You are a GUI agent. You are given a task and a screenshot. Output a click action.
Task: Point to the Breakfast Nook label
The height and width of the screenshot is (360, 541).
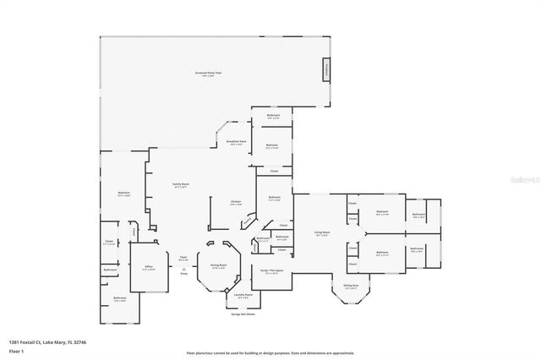[x=237, y=143]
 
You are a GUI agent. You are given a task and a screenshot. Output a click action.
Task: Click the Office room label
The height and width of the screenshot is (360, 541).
[x=148, y=267]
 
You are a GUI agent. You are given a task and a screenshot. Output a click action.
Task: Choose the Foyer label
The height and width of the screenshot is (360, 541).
[x=183, y=259]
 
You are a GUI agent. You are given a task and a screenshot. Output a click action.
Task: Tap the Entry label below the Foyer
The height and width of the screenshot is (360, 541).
[x=183, y=273]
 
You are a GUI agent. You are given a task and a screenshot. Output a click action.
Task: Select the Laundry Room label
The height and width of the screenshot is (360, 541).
[x=243, y=297]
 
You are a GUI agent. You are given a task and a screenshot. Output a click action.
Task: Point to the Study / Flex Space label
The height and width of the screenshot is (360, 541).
[x=271, y=272]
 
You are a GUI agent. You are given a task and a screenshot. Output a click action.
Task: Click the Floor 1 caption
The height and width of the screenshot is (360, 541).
[x=29, y=349]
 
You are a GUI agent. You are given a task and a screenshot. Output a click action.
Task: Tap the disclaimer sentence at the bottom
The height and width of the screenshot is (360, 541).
[x=270, y=352]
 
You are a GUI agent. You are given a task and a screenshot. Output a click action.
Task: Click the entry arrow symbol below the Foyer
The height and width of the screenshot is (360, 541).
[x=183, y=268]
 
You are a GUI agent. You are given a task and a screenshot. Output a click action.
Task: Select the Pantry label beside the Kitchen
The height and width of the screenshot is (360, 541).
[x=249, y=222]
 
